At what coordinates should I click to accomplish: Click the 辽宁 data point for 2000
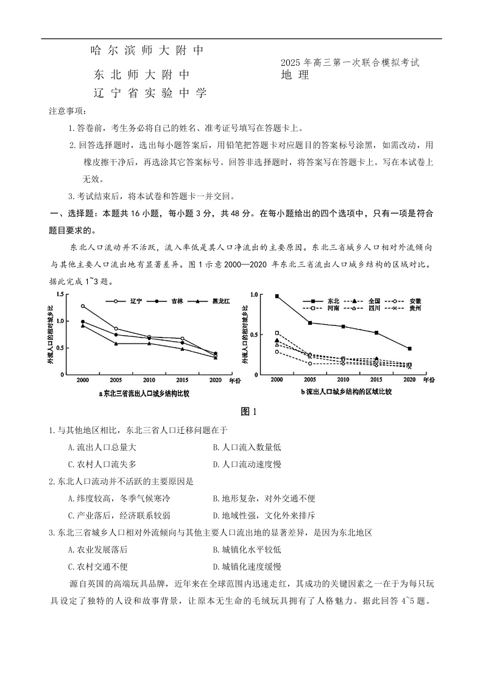click(x=83, y=306)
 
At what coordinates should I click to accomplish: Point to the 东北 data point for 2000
click(x=277, y=296)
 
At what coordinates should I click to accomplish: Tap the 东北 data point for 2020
click(x=409, y=349)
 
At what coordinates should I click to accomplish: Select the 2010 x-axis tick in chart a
click(x=149, y=380)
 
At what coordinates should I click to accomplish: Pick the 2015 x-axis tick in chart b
click(x=376, y=380)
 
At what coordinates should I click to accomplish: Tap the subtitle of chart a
click(x=144, y=394)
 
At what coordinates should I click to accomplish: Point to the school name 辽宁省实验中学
click(x=150, y=93)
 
